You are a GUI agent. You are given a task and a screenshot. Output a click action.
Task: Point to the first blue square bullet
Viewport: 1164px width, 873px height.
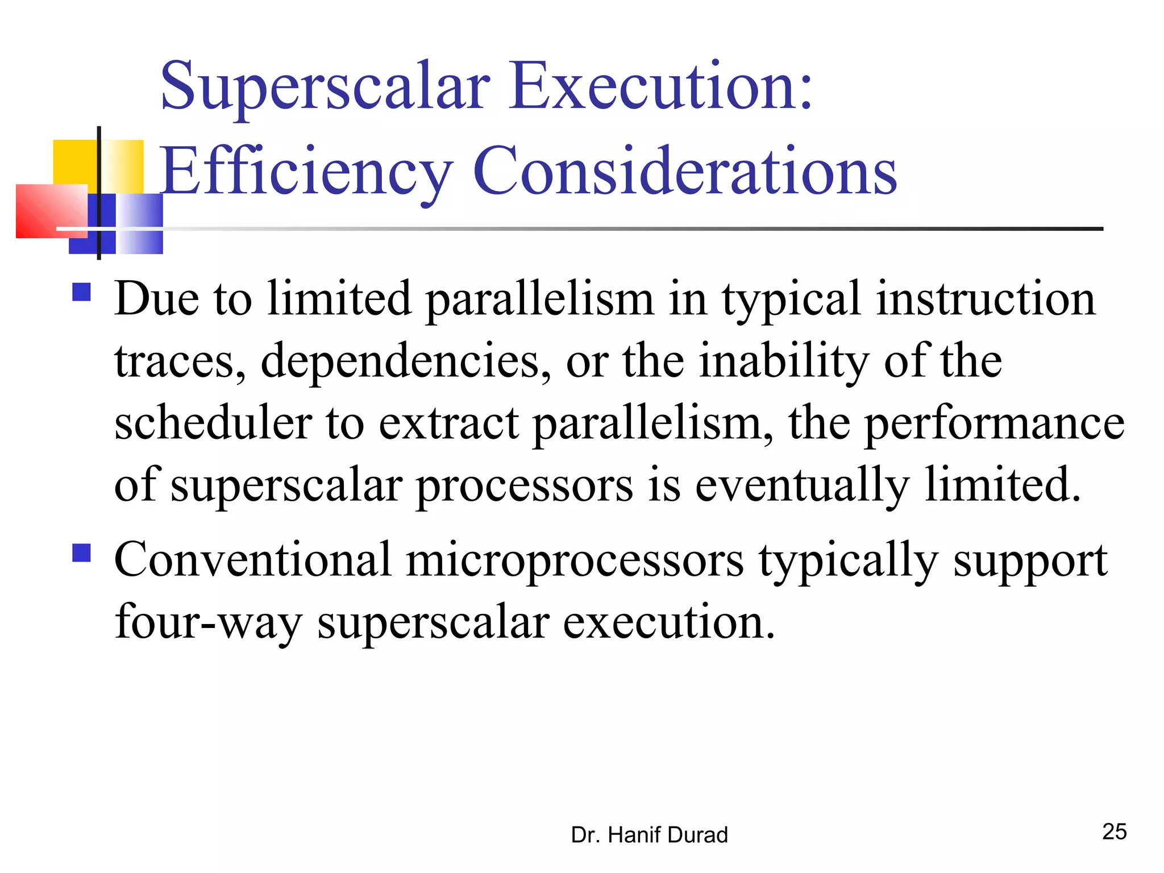coord(82,292)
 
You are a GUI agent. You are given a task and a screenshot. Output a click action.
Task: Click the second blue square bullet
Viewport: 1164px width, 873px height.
coord(82,552)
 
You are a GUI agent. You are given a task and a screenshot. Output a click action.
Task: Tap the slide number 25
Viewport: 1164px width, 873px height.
coord(1114,832)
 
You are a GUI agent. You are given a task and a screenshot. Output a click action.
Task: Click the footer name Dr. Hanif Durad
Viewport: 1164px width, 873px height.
coord(649,835)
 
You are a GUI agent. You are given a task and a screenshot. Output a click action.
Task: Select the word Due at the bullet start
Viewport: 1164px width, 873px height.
coord(156,299)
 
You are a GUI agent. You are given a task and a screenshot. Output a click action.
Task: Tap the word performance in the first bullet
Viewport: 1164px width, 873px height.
coord(994,424)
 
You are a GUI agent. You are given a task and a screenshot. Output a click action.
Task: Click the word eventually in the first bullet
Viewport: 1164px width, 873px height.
coord(802,485)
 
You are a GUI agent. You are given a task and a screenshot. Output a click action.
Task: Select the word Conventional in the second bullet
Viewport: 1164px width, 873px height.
coord(253,560)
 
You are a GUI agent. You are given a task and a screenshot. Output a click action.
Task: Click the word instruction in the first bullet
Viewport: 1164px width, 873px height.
coord(985,300)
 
